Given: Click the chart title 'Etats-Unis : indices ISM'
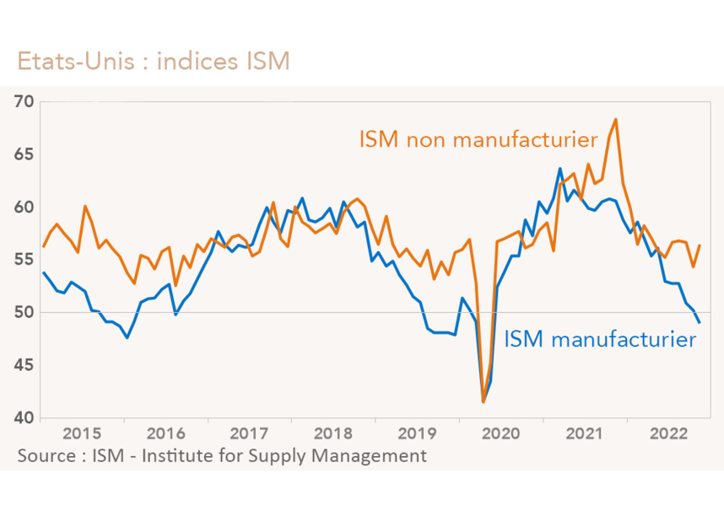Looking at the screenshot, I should point(153,62).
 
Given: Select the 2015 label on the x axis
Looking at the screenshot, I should point(83,433).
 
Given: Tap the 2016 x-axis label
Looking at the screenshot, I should point(165,433).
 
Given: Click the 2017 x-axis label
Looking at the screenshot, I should point(249,433).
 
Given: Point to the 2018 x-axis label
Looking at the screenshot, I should point(332,433).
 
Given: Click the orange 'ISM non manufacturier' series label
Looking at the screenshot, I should point(473,138).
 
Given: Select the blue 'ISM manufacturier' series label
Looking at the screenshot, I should point(600,340).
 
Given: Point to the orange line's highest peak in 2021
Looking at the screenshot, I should point(616,119).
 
